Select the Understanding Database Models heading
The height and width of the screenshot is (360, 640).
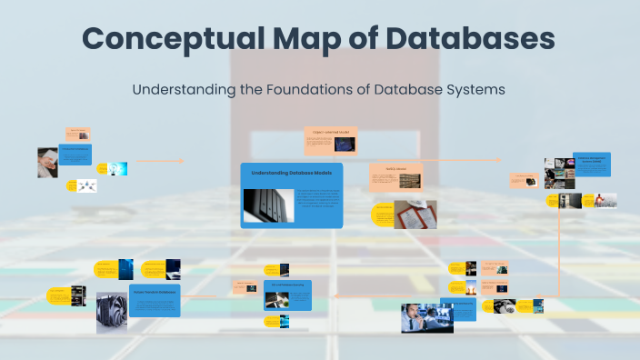click(292, 172)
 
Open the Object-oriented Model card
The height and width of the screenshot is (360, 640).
click(330, 140)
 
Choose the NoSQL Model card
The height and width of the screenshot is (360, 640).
click(395, 176)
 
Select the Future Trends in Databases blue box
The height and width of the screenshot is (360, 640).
click(155, 300)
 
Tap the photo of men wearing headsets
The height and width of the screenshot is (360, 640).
click(426, 317)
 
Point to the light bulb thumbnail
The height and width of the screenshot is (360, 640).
click(117, 168)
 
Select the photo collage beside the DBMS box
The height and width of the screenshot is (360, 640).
click(560, 173)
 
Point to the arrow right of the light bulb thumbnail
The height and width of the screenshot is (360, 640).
click(160, 161)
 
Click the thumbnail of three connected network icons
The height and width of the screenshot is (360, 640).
click(87, 185)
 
